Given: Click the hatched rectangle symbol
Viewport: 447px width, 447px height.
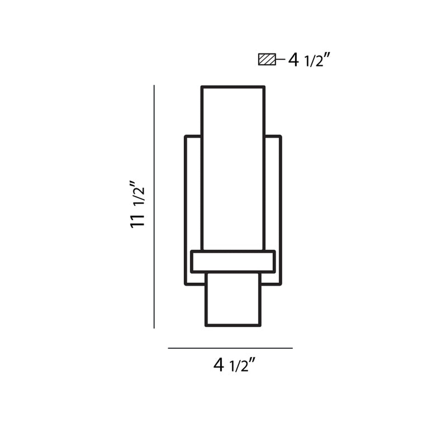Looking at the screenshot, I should point(267,59).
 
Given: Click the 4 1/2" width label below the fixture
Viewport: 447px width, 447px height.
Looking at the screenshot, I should point(235,365).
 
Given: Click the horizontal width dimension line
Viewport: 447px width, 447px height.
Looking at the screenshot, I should point(230,348).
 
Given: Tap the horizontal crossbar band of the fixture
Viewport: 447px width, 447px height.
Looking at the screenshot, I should point(233,261).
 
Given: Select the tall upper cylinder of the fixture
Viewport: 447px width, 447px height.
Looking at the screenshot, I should point(233,167).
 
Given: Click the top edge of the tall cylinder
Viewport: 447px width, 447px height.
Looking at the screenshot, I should point(233,87).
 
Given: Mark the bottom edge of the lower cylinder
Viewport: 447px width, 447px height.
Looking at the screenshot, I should point(233,325).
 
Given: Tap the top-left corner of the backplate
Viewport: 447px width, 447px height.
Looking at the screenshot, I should point(185,136).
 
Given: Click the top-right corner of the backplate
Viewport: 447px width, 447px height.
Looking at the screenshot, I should point(280,136).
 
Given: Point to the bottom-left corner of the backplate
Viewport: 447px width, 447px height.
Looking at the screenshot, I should point(186,284).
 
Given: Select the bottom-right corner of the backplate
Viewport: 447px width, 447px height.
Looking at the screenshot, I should point(280,284).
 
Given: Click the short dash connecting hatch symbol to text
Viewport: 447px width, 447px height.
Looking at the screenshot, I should point(280,59).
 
